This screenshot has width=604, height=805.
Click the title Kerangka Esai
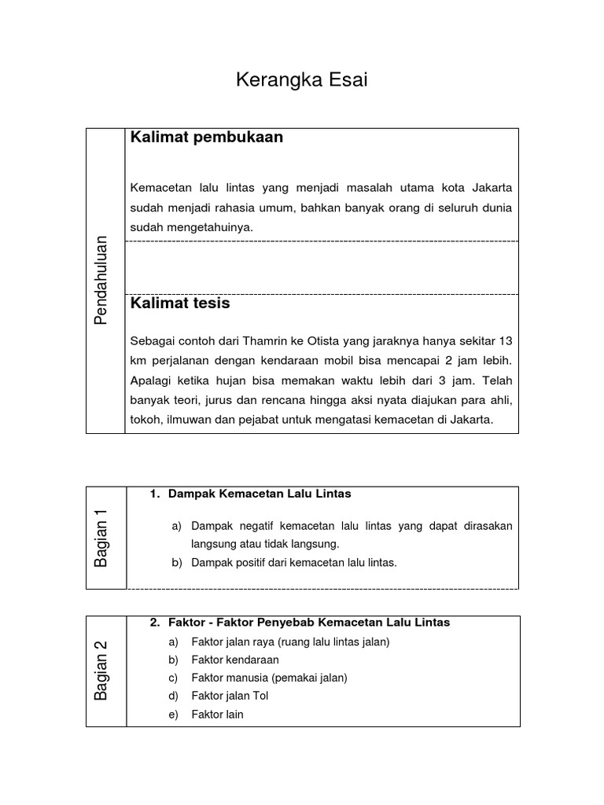point(302,80)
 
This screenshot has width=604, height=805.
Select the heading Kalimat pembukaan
point(206,138)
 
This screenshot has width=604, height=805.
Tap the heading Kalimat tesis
point(180,303)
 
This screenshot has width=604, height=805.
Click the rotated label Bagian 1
point(101,538)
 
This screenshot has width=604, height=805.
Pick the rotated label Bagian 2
point(101,671)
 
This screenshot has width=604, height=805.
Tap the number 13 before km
point(506,341)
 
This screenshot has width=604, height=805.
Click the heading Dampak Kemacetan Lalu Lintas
point(260,494)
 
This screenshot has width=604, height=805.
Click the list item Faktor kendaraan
point(235,660)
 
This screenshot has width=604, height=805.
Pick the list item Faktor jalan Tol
point(230,696)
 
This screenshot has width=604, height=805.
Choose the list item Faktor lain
point(217,715)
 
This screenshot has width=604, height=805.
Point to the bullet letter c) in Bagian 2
point(174,678)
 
